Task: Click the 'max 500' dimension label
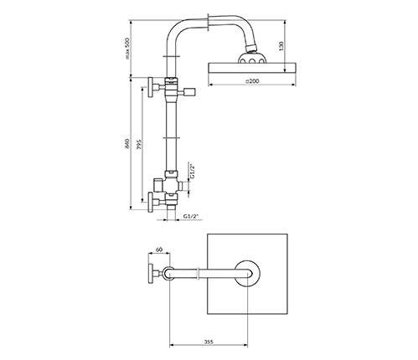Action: pyautogui.click(x=127, y=49)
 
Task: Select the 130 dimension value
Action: pyautogui.click(x=281, y=45)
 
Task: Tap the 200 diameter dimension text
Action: pyautogui.click(x=252, y=81)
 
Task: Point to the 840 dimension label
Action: pyautogui.click(x=127, y=143)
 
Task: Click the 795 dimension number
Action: pyautogui.click(x=140, y=144)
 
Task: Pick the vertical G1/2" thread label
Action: pyautogui.click(x=193, y=172)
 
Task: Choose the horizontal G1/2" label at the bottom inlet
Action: pyautogui.click(x=191, y=216)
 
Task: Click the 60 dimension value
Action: pyautogui.click(x=158, y=249)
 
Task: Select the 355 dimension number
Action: pyautogui.click(x=209, y=342)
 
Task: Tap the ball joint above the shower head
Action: pyautogui.click(x=251, y=47)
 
